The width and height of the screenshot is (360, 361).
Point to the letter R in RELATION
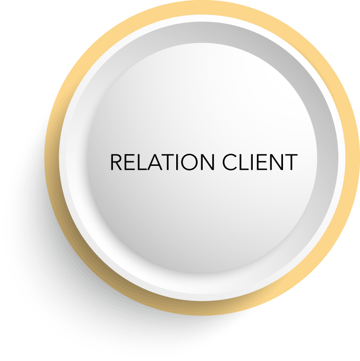(116, 162)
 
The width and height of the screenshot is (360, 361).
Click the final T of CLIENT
(291, 162)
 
